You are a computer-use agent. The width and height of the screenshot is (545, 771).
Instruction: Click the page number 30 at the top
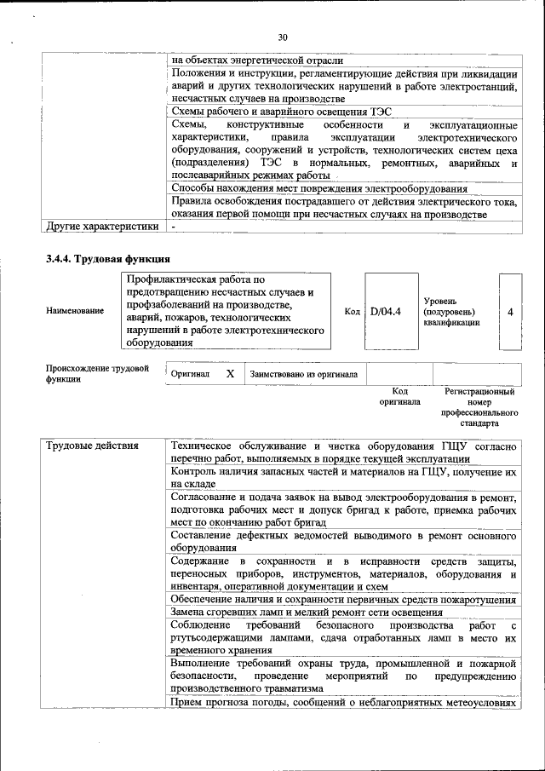click(x=283, y=37)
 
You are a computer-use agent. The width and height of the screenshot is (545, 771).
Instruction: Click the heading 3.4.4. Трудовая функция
click(x=108, y=259)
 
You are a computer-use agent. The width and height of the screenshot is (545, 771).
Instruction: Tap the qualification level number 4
click(x=510, y=312)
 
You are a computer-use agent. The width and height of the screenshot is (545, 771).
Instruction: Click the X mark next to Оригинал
click(x=230, y=374)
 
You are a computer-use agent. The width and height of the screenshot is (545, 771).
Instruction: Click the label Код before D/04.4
click(x=352, y=312)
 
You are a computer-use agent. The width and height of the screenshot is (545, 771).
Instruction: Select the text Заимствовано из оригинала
click(x=304, y=374)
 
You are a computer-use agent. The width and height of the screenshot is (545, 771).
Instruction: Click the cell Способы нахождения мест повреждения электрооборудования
click(x=319, y=188)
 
